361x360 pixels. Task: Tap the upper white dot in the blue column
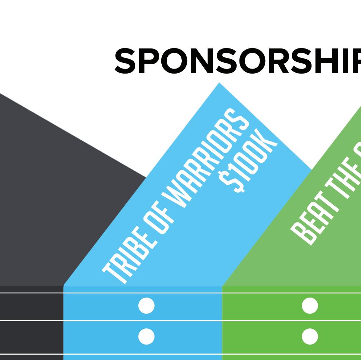[146, 306]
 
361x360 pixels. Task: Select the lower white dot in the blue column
[146, 337]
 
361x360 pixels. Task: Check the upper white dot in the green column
[310, 306]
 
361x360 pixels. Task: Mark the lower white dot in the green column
[310, 337]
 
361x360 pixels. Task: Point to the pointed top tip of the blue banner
[219, 84]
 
